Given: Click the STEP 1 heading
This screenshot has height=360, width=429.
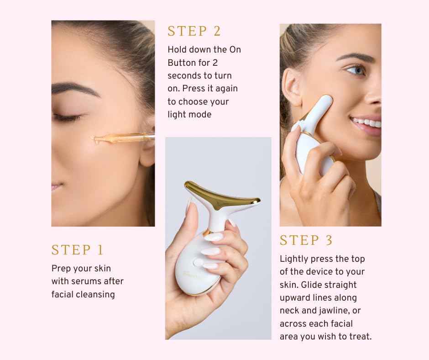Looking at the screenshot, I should (x=78, y=250).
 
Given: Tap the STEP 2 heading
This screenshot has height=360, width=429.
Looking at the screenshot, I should (x=194, y=31).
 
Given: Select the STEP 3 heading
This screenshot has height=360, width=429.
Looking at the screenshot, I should (x=306, y=240).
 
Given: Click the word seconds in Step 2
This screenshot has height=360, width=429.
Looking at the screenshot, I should (x=184, y=75).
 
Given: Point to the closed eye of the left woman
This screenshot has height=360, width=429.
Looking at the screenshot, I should (x=68, y=117).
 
